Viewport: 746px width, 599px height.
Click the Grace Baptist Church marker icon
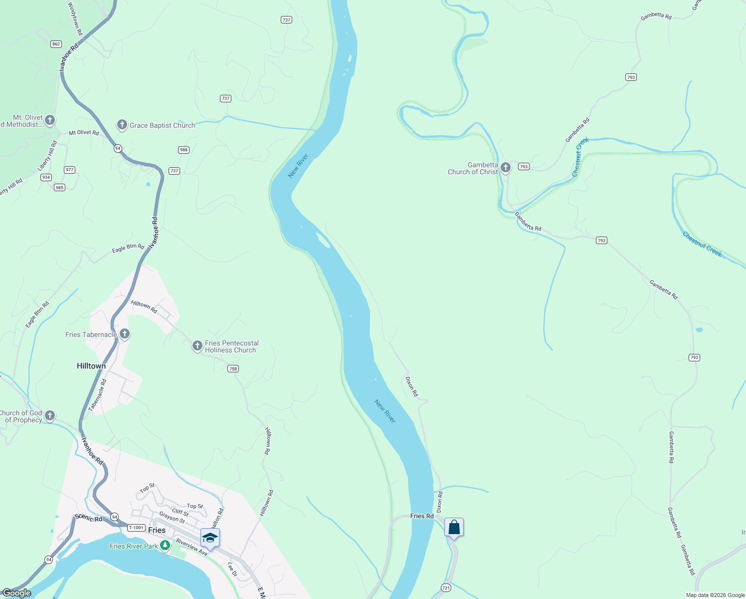[122, 125]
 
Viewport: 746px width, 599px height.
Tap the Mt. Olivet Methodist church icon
[49, 120]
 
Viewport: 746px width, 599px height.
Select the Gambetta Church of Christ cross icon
[506, 168]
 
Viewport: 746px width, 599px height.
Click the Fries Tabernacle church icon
[125, 333]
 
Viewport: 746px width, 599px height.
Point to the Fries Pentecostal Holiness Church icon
[197, 345]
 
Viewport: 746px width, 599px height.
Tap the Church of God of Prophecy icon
[49, 415]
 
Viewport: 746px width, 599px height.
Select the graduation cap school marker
[210, 538]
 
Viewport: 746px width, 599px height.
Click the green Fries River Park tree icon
[165, 546]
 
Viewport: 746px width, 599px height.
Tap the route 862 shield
[56, 44]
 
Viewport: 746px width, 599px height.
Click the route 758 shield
[233, 369]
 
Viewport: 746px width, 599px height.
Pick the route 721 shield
[446, 588]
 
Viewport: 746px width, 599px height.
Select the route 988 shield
[184, 150]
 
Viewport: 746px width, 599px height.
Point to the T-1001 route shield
[136, 528]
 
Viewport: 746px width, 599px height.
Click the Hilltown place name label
[91, 366]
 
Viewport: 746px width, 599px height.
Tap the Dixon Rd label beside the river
[411, 387]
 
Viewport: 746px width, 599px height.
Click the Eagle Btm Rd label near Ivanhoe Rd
[128, 248]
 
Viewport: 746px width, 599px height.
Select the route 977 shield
[69, 170]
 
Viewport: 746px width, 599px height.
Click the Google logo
[16, 593]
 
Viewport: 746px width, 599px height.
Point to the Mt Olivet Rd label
[84, 133]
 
